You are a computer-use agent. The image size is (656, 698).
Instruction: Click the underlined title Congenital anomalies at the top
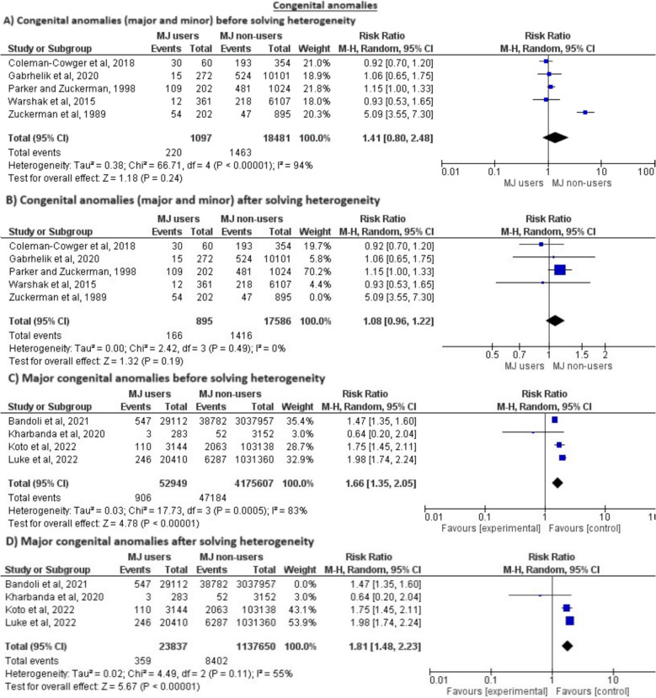click(328, 6)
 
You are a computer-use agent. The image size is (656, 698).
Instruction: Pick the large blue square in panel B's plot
click(559, 270)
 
